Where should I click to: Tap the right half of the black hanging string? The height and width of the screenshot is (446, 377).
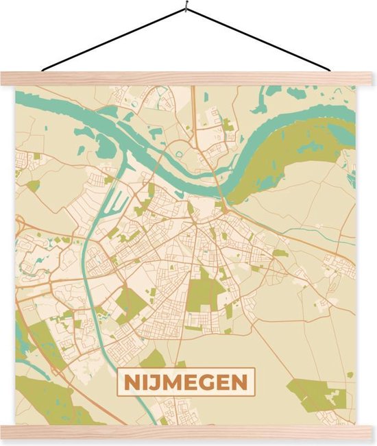click(x=260, y=40)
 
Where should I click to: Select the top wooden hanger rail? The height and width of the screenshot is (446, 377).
click(x=188, y=78)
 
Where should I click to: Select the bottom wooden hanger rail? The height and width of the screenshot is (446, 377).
click(x=188, y=432)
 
